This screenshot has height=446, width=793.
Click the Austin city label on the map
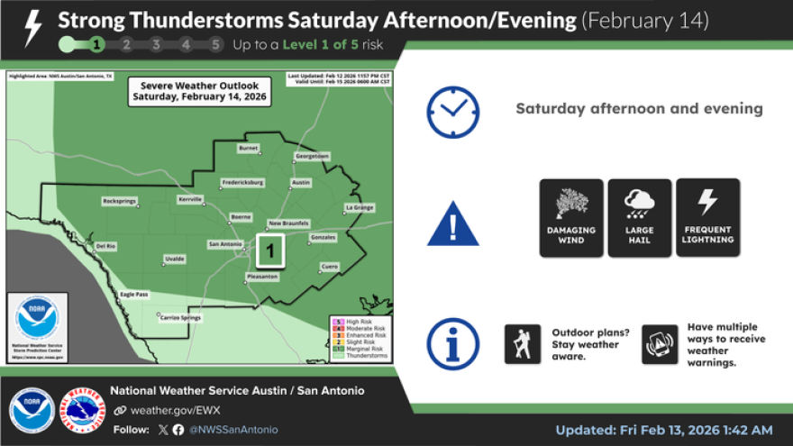[301, 183]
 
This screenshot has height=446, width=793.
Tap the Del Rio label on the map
[106, 245]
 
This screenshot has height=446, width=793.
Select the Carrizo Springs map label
[176, 317]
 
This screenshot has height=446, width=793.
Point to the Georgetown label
[313, 156]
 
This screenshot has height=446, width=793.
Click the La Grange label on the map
[359, 207]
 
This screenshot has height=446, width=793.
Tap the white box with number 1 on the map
[271, 250]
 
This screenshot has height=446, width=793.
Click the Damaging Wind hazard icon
[571, 217]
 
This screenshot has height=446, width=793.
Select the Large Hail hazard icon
[639, 217]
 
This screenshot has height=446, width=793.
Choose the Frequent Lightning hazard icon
[707, 217]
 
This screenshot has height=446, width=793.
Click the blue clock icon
[452, 112]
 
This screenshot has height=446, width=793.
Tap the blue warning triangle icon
[452, 223]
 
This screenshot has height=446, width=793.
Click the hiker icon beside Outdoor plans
[523, 344]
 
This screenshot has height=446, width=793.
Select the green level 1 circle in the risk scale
[96, 44]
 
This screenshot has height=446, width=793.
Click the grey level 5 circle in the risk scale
[215, 44]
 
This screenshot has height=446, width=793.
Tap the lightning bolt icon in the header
[32, 28]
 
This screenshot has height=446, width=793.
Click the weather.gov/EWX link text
[159, 410]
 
